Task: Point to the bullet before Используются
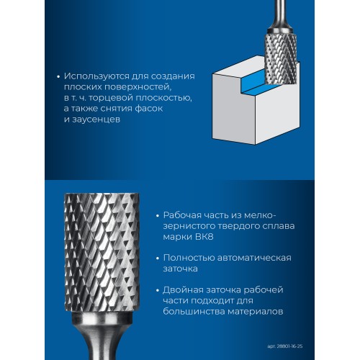[x=57, y=75]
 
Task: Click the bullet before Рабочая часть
[x=157, y=215]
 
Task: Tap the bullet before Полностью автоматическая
[x=157, y=257]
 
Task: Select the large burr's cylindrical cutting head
[x=100, y=256]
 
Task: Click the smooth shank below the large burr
[x=101, y=342]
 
